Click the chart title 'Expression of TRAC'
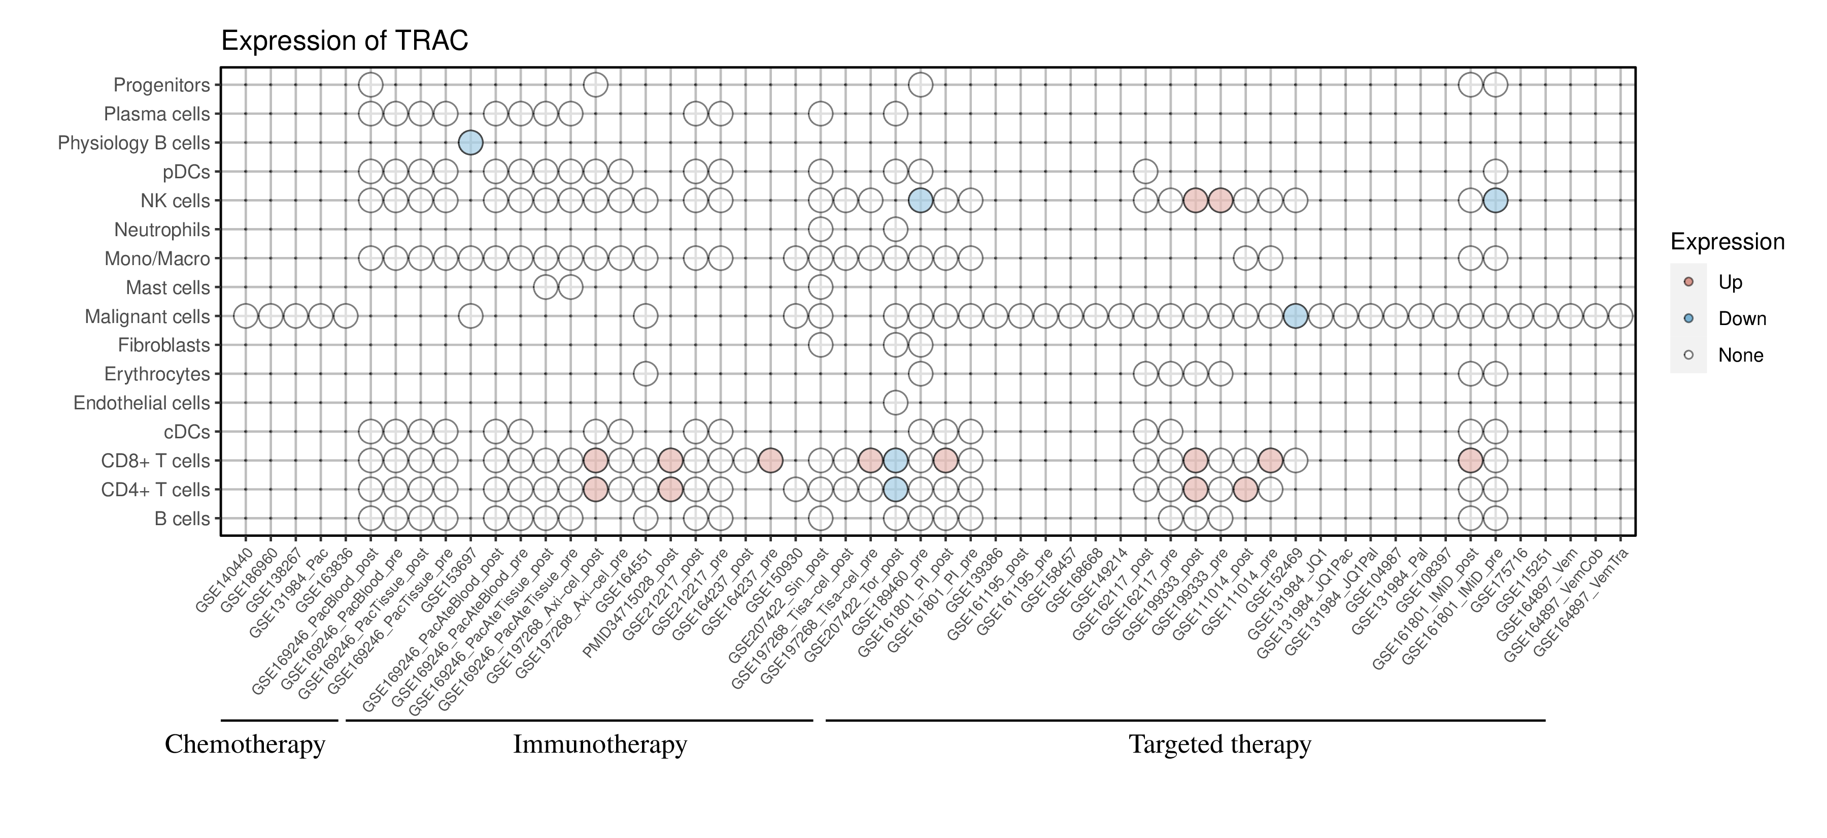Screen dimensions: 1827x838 345,41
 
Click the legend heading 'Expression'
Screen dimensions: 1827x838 1727,242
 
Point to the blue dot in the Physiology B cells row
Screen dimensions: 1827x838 470,143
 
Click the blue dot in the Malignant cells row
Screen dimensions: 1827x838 1295,316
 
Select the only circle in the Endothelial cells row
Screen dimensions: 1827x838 895,403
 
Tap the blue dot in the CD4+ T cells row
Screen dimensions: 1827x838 895,490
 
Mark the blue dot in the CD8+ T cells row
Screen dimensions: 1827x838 895,461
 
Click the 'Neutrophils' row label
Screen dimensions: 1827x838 162,230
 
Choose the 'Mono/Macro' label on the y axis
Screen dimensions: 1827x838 157,259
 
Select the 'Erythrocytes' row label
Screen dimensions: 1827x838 157,374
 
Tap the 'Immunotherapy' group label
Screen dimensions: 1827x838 600,745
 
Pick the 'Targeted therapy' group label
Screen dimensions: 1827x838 1220,745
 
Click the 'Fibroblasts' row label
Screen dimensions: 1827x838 164,345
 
